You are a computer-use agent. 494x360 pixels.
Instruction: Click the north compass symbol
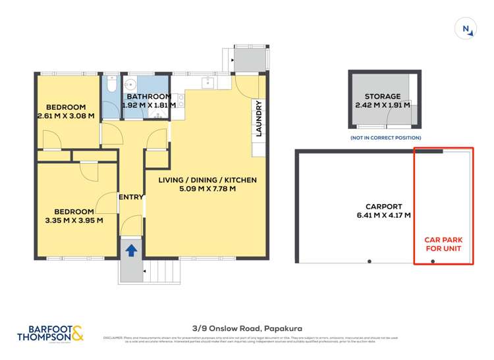[x=466, y=28]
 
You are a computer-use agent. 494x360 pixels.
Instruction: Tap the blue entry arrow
[x=132, y=250]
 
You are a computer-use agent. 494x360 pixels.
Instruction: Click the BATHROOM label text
[x=150, y=96]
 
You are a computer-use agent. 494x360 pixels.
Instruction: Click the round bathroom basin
[x=132, y=85]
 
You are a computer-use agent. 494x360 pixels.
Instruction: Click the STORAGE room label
[x=383, y=96]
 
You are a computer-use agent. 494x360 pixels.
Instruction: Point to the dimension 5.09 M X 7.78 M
[x=207, y=189]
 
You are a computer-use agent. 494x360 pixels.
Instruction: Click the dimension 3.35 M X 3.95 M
[x=74, y=220]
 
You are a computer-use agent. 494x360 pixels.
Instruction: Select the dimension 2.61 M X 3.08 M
[x=65, y=116]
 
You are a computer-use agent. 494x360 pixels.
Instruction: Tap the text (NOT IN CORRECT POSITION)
[x=383, y=138]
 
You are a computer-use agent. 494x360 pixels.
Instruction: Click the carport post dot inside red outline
[x=433, y=262]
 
